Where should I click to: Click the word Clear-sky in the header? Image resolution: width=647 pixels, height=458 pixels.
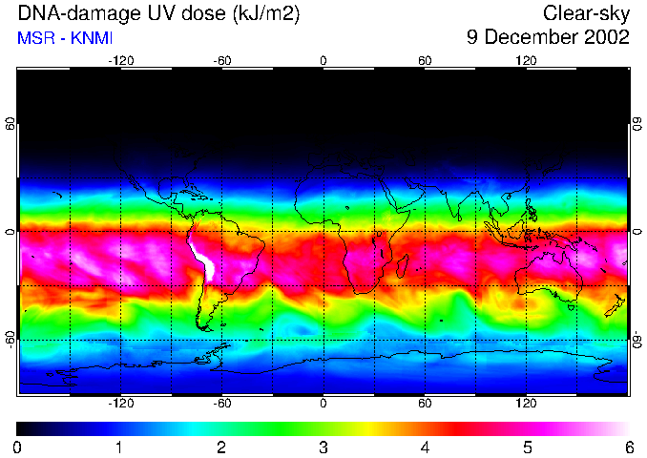coord(586,13)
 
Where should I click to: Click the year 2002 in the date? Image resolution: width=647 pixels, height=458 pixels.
coord(603,37)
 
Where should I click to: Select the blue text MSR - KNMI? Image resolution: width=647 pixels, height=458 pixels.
coord(59,38)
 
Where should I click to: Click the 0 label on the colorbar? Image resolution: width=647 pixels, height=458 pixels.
coord(18,447)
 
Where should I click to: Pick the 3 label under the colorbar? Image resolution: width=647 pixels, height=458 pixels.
coord(323,447)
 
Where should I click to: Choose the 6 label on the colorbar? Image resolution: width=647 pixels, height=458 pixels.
coord(628,447)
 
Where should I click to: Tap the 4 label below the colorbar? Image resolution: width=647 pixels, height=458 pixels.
coord(425,447)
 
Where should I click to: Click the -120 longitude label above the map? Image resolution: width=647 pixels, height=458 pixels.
coord(120,60)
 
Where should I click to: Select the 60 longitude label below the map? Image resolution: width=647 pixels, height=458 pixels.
coord(425,404)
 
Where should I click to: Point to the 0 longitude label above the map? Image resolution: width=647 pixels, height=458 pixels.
coord(323,60)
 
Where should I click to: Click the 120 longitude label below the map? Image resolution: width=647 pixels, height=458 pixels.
coord(526,404)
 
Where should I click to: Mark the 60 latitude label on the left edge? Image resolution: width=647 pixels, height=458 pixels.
coord(10,124)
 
